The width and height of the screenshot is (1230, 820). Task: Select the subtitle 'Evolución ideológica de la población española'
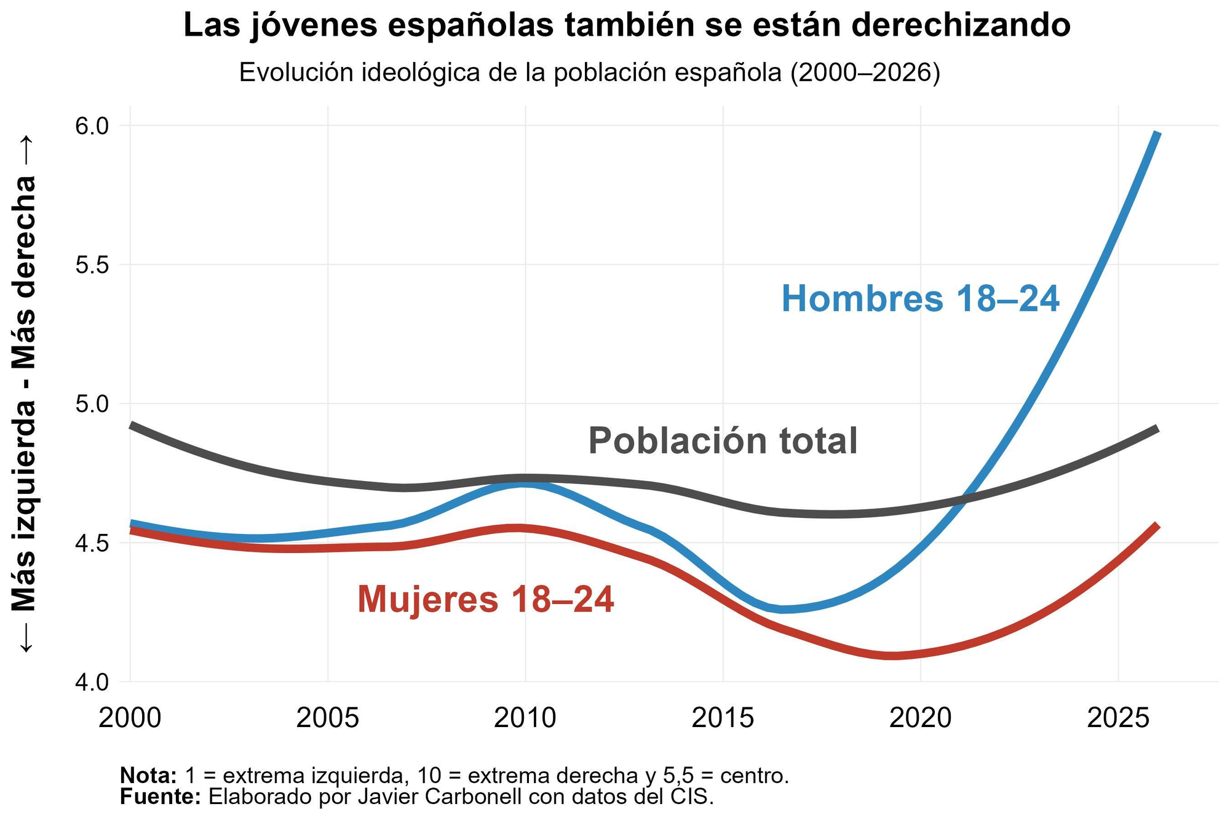(589, 73)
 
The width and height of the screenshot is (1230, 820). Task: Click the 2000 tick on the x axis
(130, 717)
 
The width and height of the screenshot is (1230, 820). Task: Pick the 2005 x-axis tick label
(328, 717)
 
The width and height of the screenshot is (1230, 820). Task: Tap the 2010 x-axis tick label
(525, 717)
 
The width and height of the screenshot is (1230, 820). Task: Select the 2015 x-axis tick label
(723, 717)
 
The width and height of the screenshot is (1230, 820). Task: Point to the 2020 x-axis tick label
(921, 717)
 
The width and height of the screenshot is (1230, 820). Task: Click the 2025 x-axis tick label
(1118, 717)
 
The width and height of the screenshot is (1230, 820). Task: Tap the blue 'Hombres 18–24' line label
(920, 299)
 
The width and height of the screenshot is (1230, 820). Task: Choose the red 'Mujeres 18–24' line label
(486, 599)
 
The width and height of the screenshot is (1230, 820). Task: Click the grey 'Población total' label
(723, 441)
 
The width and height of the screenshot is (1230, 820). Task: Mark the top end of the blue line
(1157, 133)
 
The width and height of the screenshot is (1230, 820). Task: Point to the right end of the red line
(1157, 526)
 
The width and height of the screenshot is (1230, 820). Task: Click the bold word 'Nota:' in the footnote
(148, 775)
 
